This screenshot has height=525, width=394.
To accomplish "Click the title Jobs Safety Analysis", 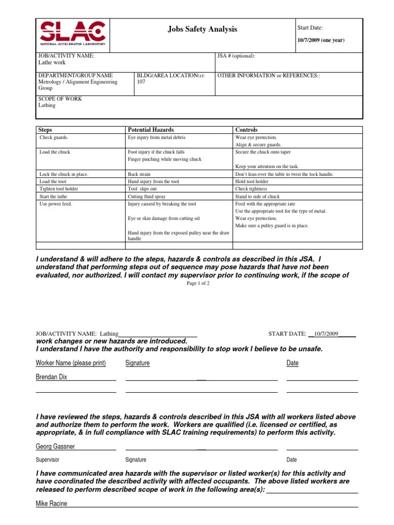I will click(x=202, y=29).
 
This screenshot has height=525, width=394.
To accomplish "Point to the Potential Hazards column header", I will click(x=150, y=130).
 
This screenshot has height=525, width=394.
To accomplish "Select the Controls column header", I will click(x=246, y=130).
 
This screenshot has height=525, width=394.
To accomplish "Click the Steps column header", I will click(x=46, y=130).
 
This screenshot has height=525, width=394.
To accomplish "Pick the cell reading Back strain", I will click(x=140, y=174).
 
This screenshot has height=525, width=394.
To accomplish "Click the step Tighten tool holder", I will click(x=58, y=189).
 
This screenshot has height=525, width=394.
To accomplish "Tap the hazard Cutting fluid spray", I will click(x=147, y=196).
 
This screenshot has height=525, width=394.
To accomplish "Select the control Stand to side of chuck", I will click(x=257, y=196).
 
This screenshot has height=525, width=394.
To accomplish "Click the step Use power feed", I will click(x=56, y=204).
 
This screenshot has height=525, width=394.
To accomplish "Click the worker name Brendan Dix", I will click(x=51, y=377).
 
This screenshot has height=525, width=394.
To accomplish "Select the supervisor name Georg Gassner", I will click(x=55, y=447).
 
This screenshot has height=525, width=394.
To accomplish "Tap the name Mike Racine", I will click(x=51, y=503).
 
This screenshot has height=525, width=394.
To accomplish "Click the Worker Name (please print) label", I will click(x=71, y=363).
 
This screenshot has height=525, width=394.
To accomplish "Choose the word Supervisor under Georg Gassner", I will click(x=48, y=460).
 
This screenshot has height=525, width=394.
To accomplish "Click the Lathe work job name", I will click(x=52, y=63).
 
